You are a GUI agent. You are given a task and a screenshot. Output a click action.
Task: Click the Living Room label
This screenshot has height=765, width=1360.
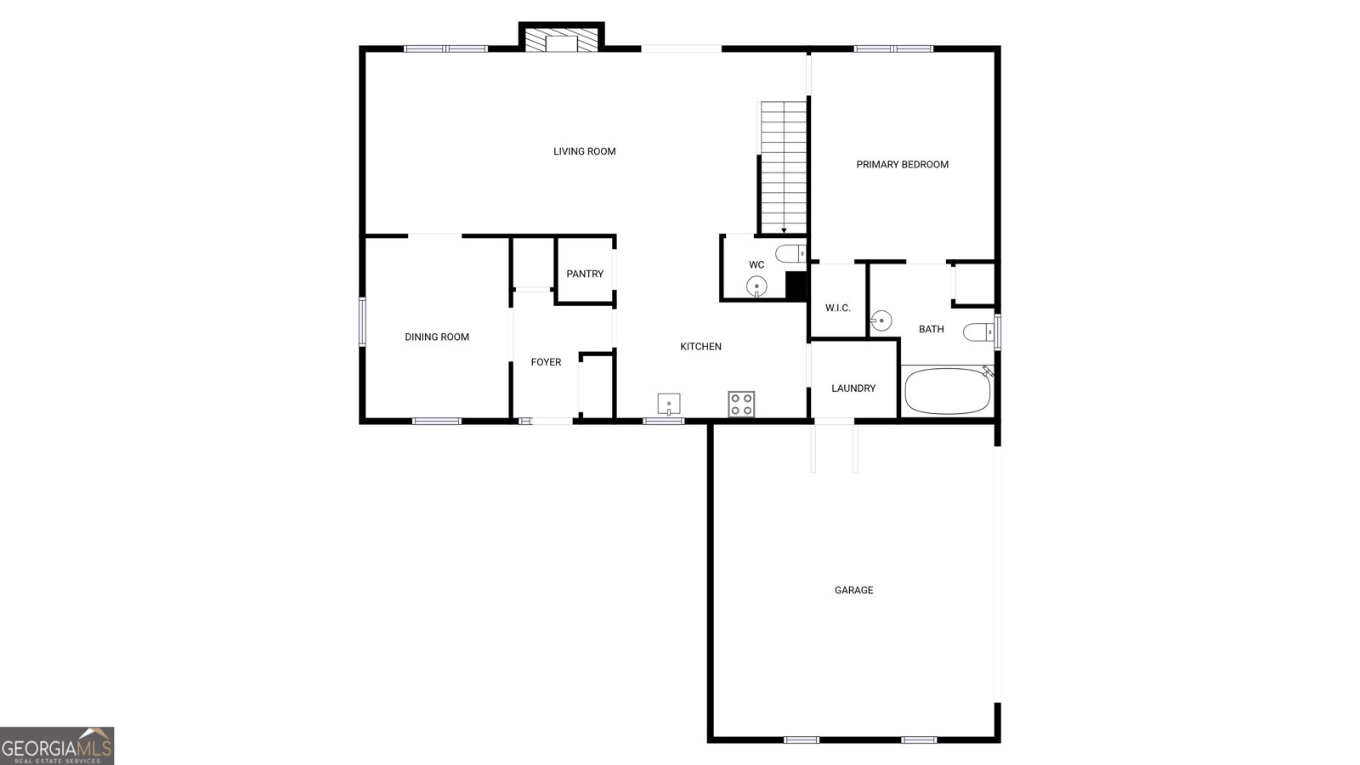click(x=584, y=151)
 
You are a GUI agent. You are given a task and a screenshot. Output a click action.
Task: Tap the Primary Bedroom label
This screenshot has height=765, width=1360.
click(x=902, y=165)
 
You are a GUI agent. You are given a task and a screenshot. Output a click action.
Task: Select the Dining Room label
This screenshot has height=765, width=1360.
click(x=437, y=337)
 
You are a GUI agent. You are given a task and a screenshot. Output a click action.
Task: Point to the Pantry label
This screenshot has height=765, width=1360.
click(x=585, y=274)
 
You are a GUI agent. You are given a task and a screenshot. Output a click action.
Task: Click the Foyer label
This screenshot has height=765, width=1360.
click(x=546, y=362)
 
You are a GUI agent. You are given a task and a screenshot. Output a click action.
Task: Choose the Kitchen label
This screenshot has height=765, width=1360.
click(x=700, y=347)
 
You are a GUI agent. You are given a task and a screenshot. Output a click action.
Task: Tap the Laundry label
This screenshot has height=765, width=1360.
click(x=853, y=388)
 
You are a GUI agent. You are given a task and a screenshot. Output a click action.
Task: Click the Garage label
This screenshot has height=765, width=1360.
click(x=853, y=590)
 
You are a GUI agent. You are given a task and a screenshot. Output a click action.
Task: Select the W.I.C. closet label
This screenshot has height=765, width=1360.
click(x=838, y=308)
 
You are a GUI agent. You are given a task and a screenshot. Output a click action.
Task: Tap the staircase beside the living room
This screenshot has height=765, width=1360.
click(x=784, y=167)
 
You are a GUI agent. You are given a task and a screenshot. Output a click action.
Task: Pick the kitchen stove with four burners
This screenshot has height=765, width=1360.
click(x=741, y=405)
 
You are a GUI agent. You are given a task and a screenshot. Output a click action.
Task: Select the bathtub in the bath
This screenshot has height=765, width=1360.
click(x=947, y=391)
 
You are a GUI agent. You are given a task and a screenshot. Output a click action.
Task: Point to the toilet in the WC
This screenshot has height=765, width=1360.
click(x=790, y=252)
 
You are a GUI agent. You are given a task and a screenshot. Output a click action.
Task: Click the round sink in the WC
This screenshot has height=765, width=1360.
click(x=756, y=286)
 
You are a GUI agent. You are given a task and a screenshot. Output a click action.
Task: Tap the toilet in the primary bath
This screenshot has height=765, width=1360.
click(x=978, y=332)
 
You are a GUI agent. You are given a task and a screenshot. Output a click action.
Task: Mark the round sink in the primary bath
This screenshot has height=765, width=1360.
click(x=881, y=320)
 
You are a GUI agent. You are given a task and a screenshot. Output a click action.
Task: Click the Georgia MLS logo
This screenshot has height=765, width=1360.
click(x=57, y=746)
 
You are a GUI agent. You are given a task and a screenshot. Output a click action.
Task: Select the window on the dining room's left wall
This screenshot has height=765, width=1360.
click(x=362, y=322)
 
